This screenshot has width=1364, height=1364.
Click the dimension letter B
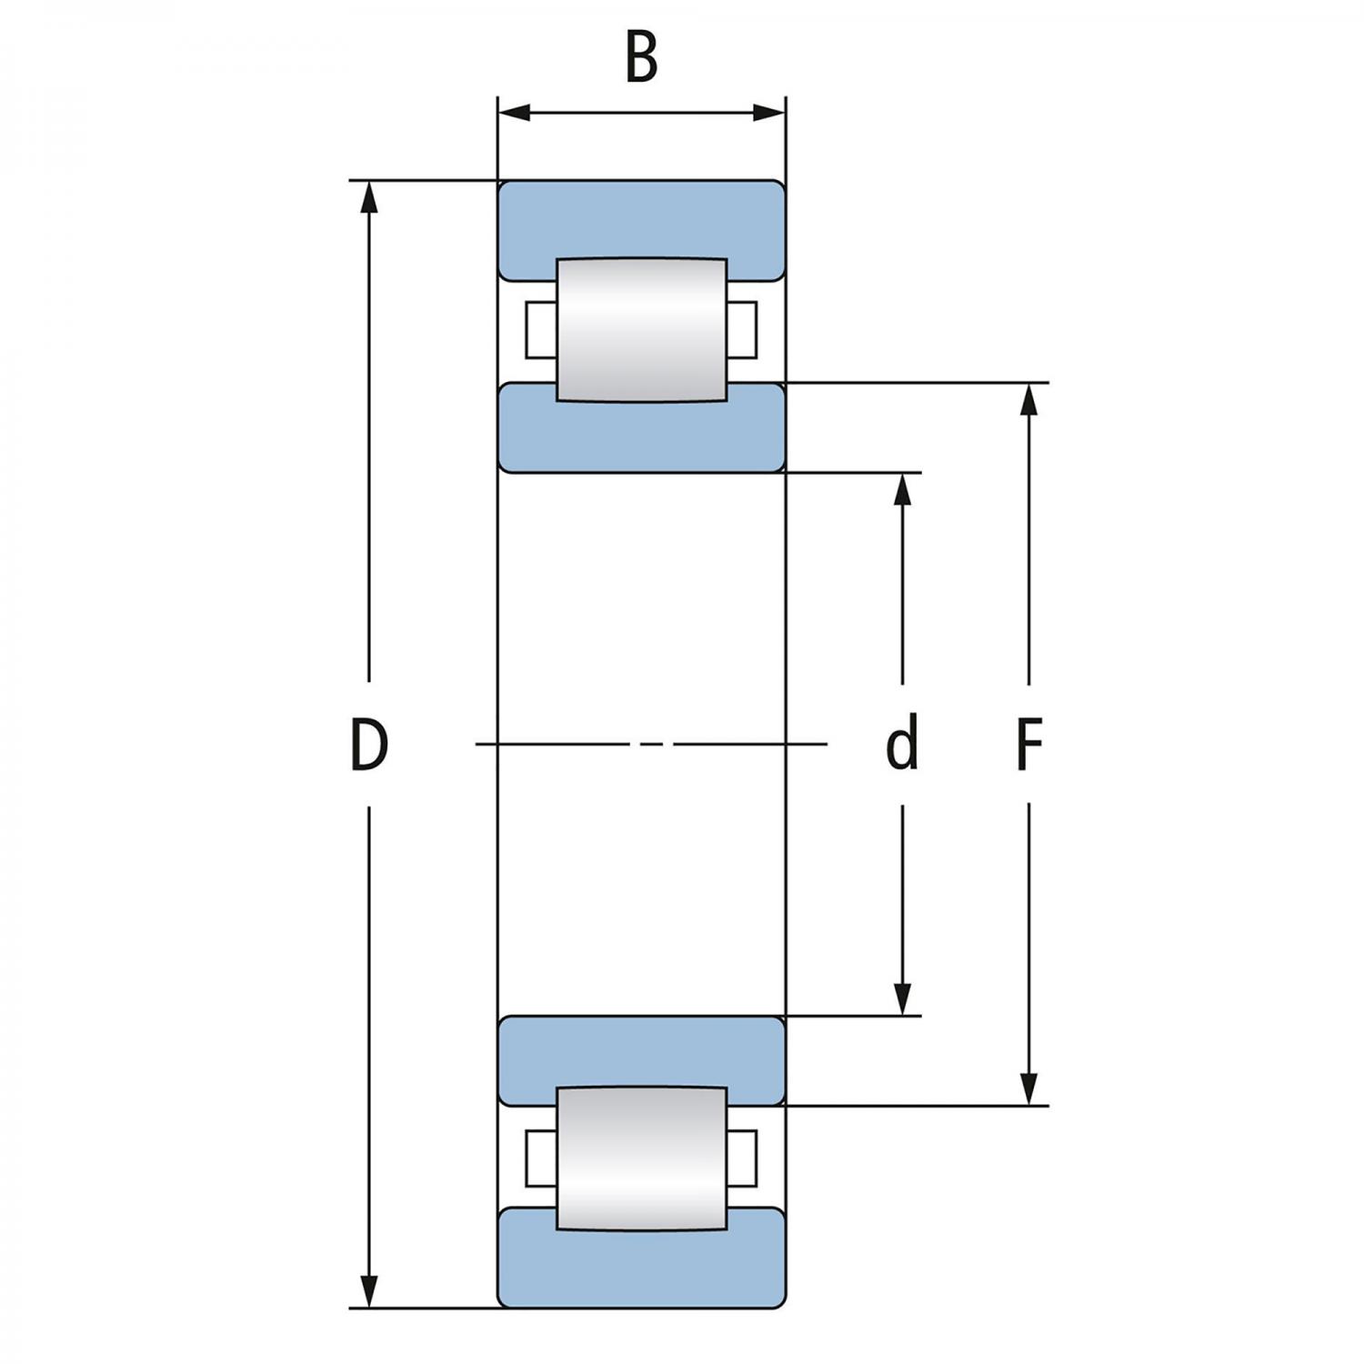coord(641,58)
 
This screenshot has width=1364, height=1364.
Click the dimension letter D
coord(369,744)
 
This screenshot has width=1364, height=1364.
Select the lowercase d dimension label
coord(901,744)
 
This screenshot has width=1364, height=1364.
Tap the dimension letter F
coord(1028,744)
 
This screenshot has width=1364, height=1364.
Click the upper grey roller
coord(641,329)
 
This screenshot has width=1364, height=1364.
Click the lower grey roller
coord(641,1158)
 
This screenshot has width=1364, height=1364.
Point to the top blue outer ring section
coord(641,218)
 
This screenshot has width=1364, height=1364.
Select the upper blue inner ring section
coord(641,436)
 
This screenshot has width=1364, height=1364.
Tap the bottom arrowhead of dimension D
coord(368,1291)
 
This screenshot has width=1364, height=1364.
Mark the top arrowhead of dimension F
coord(1028,399)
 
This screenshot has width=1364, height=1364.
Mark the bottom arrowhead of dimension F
coord(1028,1088)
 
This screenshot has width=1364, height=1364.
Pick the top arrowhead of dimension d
coord(902,488)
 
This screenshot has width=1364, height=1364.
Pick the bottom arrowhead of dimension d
coord(902,998)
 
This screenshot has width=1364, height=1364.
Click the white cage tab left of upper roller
coord(540,329)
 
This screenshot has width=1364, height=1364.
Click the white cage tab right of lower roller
coord(742,1158)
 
